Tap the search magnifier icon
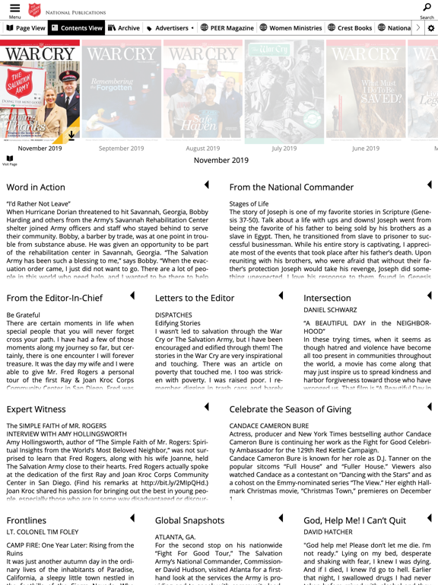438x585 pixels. pyautogui.click(x=427, y=8)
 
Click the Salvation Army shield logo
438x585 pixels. pyautogui.click(x=33, y=11)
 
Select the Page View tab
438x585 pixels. pyautogui.click(x=25, y=28)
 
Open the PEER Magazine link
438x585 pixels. pyautogui.click(x=227, y=28)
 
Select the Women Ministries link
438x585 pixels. pyautogui.click(x=290, y=28)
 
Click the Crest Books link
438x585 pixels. pyautogui.click(x=351, y=28)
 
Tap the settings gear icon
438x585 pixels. pyautogui.click(x=431, y=28)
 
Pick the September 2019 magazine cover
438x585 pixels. pyautogui.click(x=122, y=91)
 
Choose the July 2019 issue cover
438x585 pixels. pyautogui.click(x=284, y=91)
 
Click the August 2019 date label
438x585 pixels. pyautogui.click(x=203, y=149)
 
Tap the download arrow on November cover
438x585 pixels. pyautogui.click(x=71, y=136)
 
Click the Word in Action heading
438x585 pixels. pyautogui.click(x=36, y=187)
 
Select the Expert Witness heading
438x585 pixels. pyautogui.click(x=36, y=409)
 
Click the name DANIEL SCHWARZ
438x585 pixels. pyautogui.click(x=330, y=311)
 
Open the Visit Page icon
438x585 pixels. pyautogui.click(x=10, y=160)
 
